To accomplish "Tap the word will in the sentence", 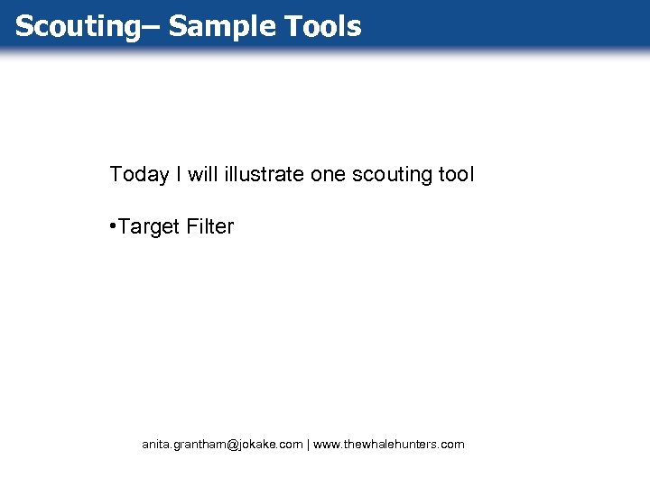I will pos(202,174).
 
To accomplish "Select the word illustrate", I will pos(263,174).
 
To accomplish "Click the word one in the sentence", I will pos(329,174).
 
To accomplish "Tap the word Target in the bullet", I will pos(150,227).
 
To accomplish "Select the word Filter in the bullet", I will pos(210,227).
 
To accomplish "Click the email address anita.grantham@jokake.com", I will pos(222,445).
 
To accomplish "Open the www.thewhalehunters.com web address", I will pos(389,445).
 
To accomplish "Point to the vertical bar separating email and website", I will pos(308,445).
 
